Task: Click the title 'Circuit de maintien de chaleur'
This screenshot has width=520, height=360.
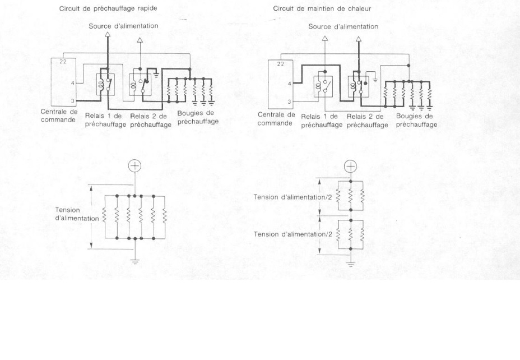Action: coord(314,8)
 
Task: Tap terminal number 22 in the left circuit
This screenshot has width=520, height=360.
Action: coord(63,61)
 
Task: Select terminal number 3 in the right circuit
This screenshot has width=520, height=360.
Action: coord(289,102)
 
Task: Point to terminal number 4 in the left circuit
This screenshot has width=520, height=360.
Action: coord(72,84)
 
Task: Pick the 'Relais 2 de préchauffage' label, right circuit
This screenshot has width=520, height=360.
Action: coord(367,121)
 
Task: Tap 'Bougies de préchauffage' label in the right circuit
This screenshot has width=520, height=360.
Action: coord(416,121)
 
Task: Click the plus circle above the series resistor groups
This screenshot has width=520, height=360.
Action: coord(350,166)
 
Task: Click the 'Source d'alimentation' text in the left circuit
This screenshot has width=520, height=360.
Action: coord(123,26)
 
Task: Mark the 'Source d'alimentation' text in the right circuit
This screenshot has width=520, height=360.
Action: coord(343,26)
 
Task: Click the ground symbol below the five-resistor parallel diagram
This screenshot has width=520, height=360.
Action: coord(134,259)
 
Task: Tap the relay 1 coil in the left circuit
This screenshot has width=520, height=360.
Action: coord(101,84)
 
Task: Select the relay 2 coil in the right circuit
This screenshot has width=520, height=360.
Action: coord(352,86)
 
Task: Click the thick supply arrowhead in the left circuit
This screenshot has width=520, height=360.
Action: coord(108,35)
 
